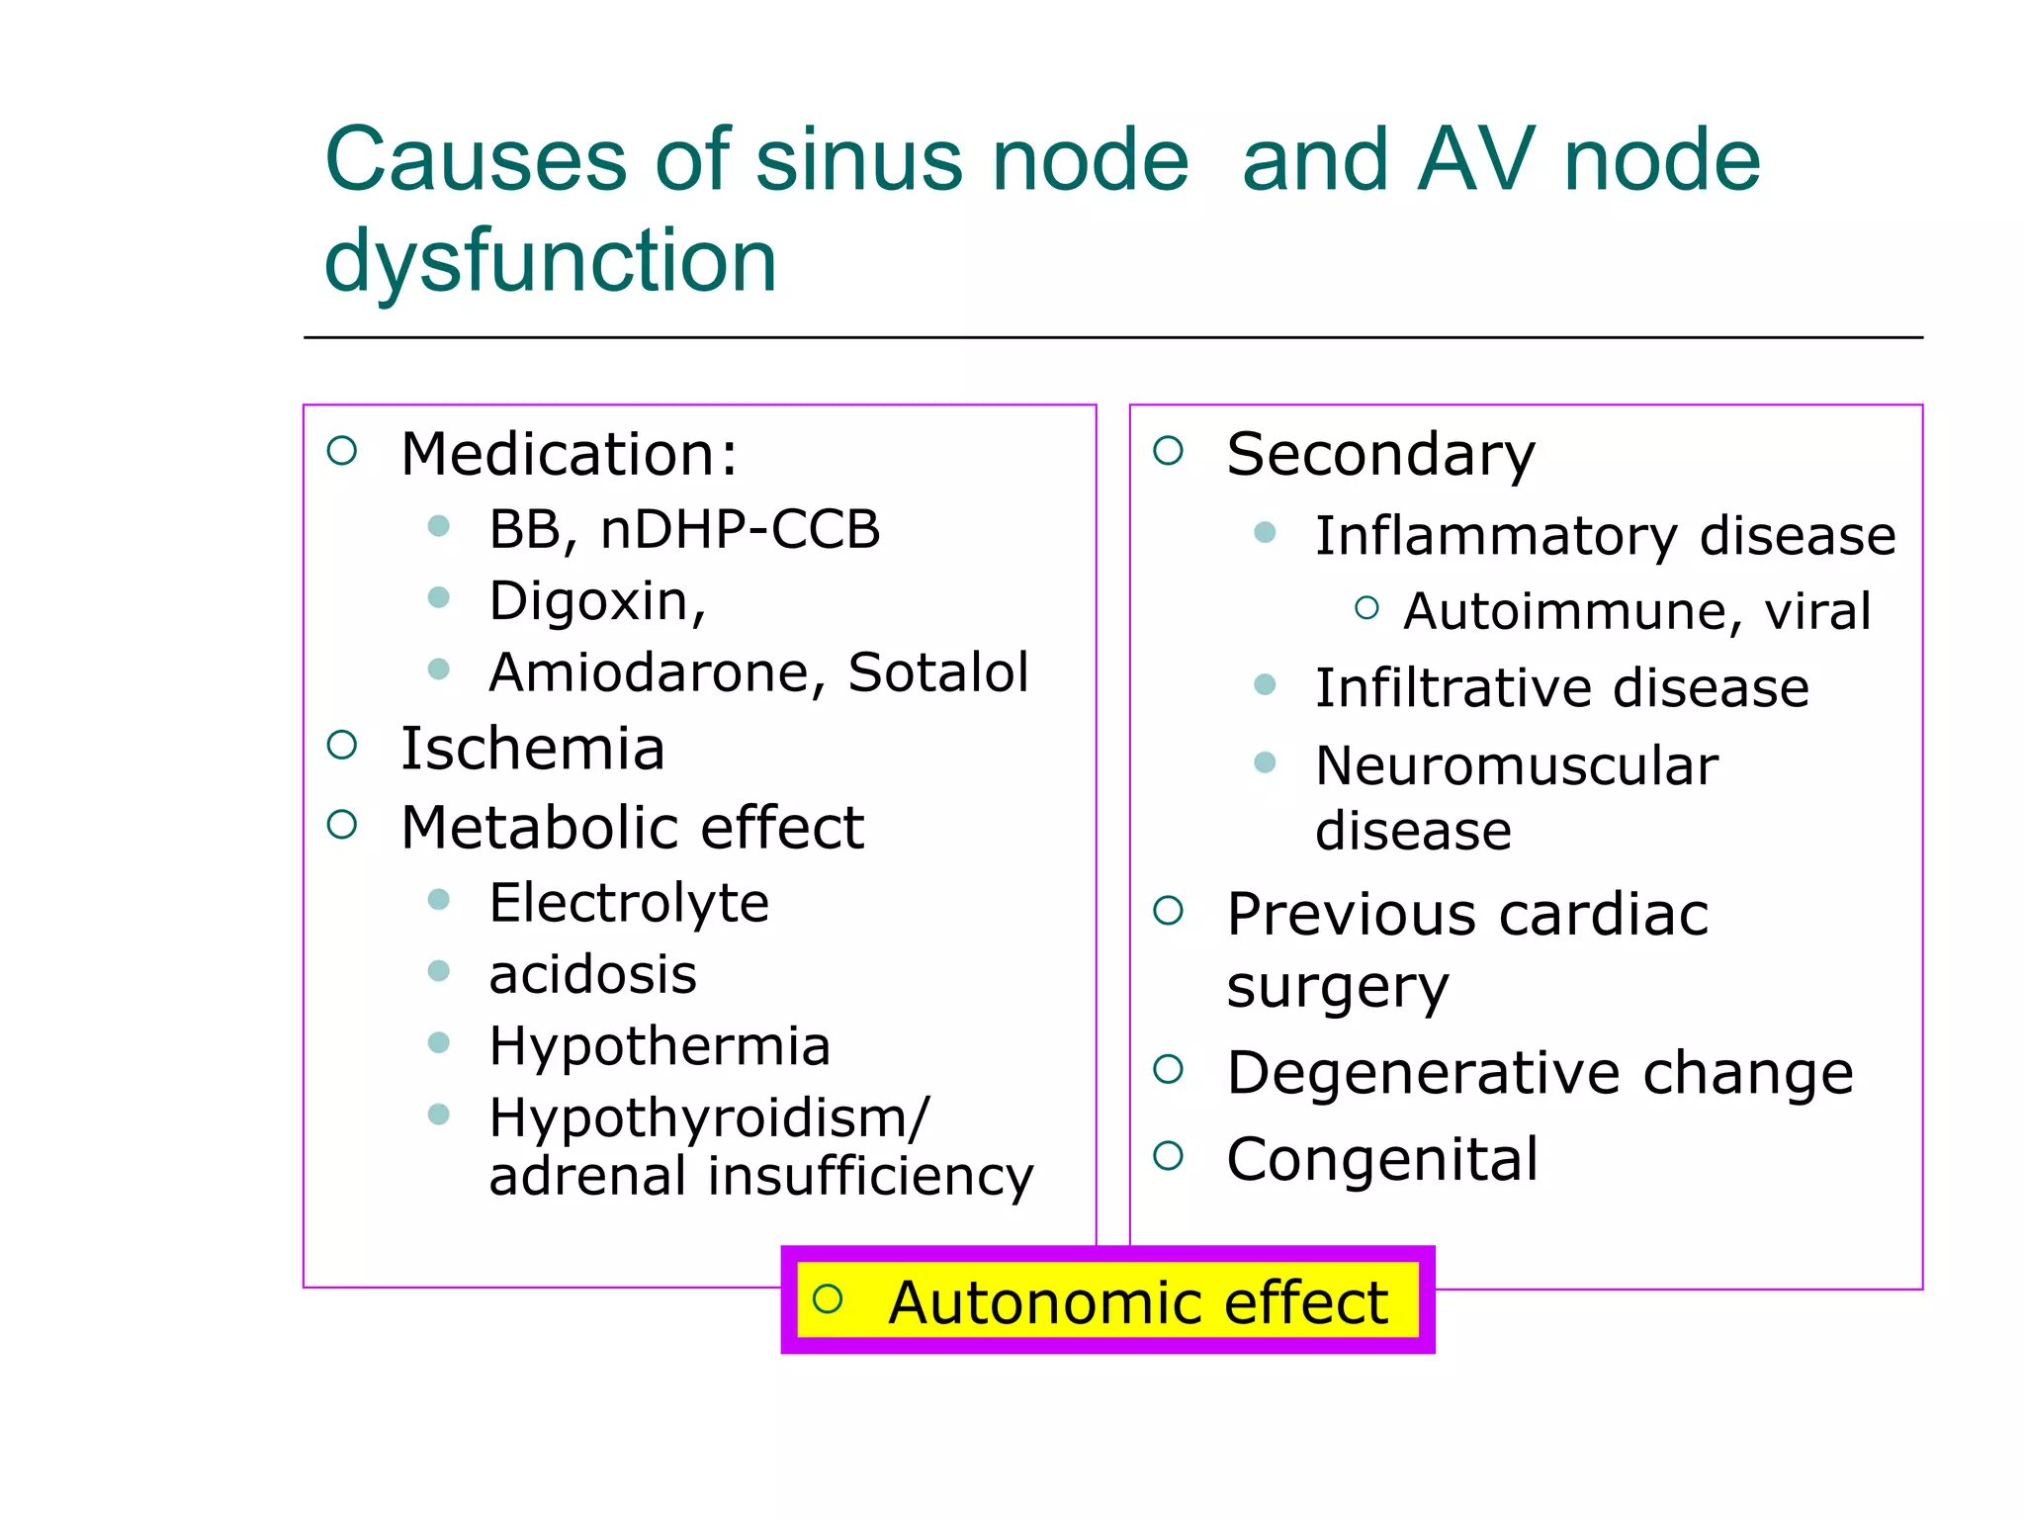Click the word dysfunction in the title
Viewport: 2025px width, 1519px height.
(x=550, y=261)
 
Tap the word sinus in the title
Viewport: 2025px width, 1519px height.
(x=858, y=160)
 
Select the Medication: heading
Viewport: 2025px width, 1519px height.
(x=569, y=454)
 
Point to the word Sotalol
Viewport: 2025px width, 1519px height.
(x=937, y=672)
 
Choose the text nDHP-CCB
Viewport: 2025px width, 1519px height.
(x=740, y=529)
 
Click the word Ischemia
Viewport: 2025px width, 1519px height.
(x=532, y=748)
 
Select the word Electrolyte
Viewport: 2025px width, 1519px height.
(x=629, y=903)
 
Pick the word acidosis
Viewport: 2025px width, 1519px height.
(x=592, y=975)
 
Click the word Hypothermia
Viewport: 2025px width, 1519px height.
(x=660, y=1046)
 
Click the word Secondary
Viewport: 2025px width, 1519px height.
(x=1380, y=455)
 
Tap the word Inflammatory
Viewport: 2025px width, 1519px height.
(x=1496, y=536)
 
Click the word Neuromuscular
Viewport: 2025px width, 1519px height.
(x=1517, y=765)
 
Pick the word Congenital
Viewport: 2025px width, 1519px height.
(x=1382, y=1159)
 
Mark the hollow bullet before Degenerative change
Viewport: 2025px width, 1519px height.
(x=1168, y=1069)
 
